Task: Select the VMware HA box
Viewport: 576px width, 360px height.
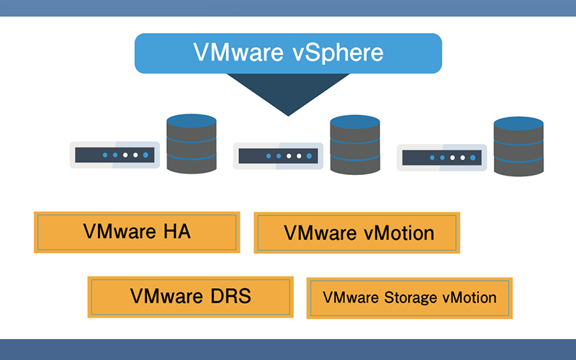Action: (x=137, y=232)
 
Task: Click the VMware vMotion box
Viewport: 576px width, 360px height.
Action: (x=357, y=233)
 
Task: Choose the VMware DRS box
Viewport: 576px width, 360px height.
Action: (x=190, y=297)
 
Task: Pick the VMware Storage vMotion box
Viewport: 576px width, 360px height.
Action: (x=410, y=297)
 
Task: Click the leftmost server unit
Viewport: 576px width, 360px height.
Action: (x=115, y=155)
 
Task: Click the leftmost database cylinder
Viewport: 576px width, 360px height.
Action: (x=192, y=143)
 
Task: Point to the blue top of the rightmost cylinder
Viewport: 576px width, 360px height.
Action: (x=518, y=123)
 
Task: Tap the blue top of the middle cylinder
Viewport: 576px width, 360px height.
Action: (x=354, y=122)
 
